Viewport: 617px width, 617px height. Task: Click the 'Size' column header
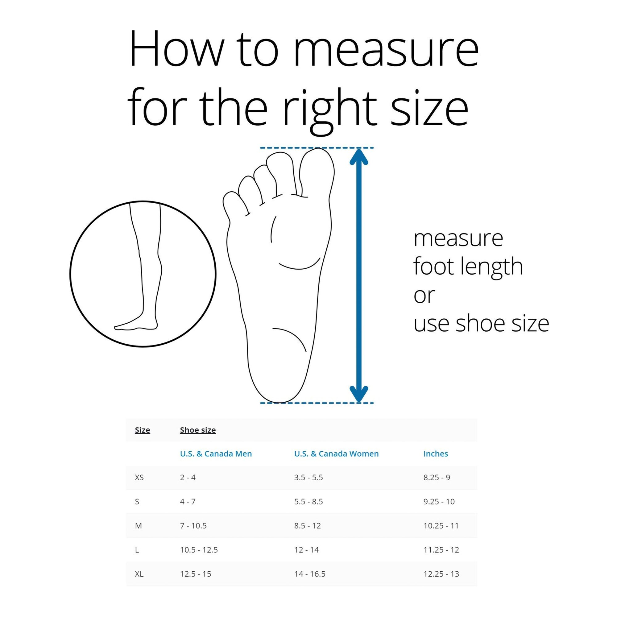143,430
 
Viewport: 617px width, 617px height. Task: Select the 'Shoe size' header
198,430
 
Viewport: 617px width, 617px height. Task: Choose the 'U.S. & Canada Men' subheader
216,453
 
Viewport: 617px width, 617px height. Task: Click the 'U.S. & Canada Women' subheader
336,453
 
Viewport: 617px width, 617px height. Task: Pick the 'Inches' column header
436,453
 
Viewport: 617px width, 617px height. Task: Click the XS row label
139,478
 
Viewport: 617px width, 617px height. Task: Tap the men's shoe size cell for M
193,526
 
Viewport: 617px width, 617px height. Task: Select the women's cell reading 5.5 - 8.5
308,501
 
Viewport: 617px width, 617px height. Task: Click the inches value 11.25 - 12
441,550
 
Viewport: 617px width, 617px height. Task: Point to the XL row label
139,574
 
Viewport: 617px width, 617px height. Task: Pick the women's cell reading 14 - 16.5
310,574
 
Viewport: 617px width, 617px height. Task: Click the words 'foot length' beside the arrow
468,267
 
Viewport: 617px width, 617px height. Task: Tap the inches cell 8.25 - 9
437,478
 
